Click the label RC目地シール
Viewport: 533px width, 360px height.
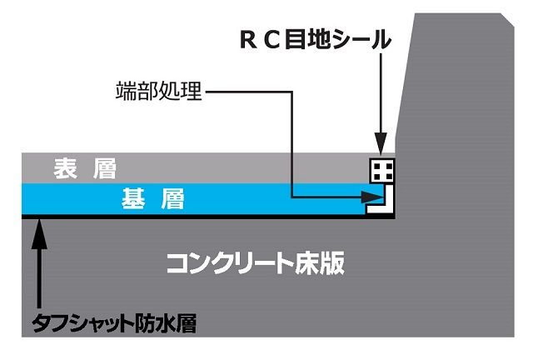[316, 39]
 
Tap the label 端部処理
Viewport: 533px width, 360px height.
[159, 91]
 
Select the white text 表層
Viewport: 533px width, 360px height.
[85, 168]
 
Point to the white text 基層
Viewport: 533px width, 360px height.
[153, 198]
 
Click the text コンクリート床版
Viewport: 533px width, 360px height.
[256, 263]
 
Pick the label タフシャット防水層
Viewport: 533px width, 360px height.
[114, 323]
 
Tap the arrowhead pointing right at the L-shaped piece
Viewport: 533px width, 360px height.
[372, 197]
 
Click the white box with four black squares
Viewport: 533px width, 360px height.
[382, 171]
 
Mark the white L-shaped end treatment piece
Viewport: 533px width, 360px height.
[380, 199]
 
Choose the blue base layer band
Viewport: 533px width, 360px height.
[197, 199]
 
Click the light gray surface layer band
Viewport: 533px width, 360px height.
[197, 168]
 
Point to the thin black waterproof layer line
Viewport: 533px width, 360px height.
[208, 217]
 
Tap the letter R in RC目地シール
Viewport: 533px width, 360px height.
[248, 40]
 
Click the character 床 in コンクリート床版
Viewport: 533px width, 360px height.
[308, 263]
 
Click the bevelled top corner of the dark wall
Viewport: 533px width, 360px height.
[507, 19]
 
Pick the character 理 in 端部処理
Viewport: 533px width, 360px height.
[192, 91]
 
